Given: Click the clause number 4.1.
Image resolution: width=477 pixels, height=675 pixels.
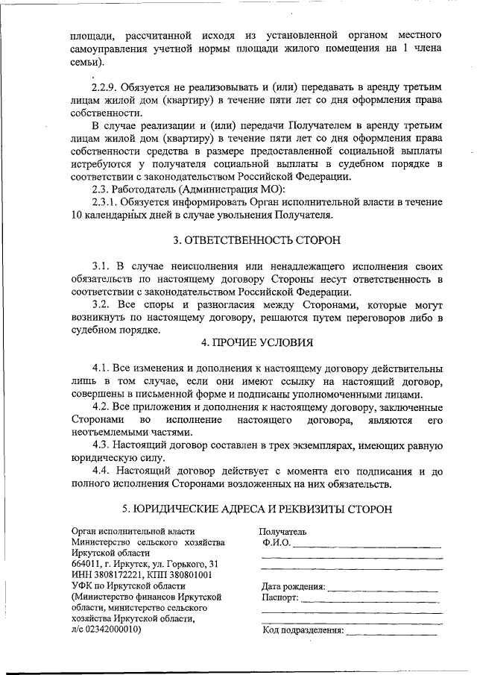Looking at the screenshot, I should pos(101,369).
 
